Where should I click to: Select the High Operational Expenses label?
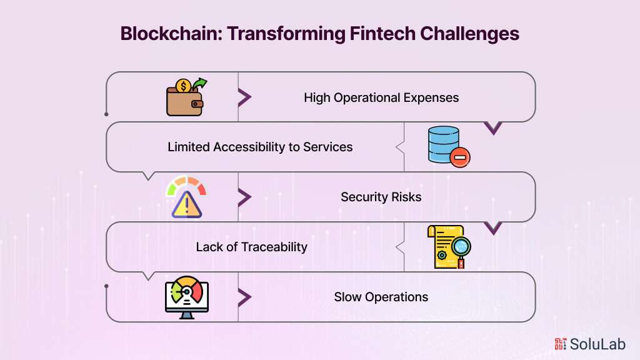[x=381, y=97]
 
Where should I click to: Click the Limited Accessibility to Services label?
[x=260, y=147]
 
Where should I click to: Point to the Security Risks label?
[x=381, y=197]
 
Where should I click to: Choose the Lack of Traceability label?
[x=251, y=247]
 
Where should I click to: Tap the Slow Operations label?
[x=381, y=297]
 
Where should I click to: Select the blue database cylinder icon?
[x=444, y=143]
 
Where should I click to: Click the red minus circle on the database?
[x=459, y=158]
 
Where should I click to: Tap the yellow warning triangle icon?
[x=187, y=204]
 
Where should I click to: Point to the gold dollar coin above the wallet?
[x=184, y=86]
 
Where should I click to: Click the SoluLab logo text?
[x=596, y=344]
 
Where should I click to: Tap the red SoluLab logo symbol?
[x=560, y=344]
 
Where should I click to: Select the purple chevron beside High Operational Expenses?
[x=244, y=97]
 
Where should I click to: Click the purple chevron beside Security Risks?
[x=244, y=197]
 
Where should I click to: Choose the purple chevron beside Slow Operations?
[x=244, y=297]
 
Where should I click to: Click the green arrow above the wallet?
[x=199, y=82]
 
